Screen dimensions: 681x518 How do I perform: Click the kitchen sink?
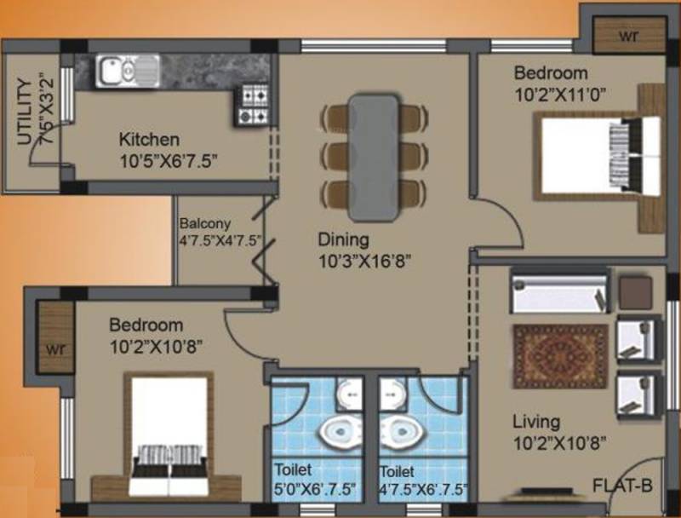[128, 71]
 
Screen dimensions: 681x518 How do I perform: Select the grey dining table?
[374, 158]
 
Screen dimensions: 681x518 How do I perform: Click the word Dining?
[344, 240]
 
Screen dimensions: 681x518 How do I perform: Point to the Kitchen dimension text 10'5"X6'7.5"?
[168, 161]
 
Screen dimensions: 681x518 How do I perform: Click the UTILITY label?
[25, 112]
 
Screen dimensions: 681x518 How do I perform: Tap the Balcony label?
[205, 224]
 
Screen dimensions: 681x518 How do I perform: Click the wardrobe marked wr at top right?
[629, 36]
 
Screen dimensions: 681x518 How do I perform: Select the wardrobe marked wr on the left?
[55, 337]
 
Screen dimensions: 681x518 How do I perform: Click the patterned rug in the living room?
[561, 356]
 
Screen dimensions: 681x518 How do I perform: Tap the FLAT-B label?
[623, 486]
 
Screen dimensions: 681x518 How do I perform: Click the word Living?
[536, 422]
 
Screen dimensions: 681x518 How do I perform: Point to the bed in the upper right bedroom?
[598, 156]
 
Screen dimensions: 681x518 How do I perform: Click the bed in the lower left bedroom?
[169, 435]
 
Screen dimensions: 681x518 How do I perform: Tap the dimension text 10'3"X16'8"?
[365, 262]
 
